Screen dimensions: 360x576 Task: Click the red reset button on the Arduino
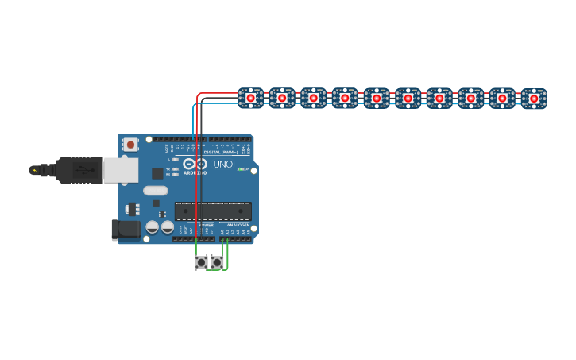coord(130,145)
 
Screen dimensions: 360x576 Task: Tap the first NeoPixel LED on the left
coord(250,98)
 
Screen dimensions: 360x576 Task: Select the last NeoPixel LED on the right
coord(534,99)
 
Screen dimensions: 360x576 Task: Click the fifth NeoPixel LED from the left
coord(376,98)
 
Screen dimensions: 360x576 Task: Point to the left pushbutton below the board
coord(201,262)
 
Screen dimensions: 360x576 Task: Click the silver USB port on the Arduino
coord(120,170)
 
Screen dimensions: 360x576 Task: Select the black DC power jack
coord(125,230)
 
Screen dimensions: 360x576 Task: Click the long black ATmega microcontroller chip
coord(213,211)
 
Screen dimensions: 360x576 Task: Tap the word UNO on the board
coord(223,165)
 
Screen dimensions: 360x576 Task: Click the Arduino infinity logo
coord(195,164)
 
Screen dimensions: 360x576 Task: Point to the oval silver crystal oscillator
coord(156,191)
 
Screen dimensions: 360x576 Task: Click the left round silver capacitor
coord(153,227)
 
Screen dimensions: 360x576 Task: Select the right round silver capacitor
coord(168,227)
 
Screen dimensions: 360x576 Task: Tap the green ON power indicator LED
coord(242,169)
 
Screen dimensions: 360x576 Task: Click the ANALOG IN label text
coord(238,226)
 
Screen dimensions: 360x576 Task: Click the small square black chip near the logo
coord(157,173)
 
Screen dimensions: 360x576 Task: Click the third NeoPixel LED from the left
coord(313,98)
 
